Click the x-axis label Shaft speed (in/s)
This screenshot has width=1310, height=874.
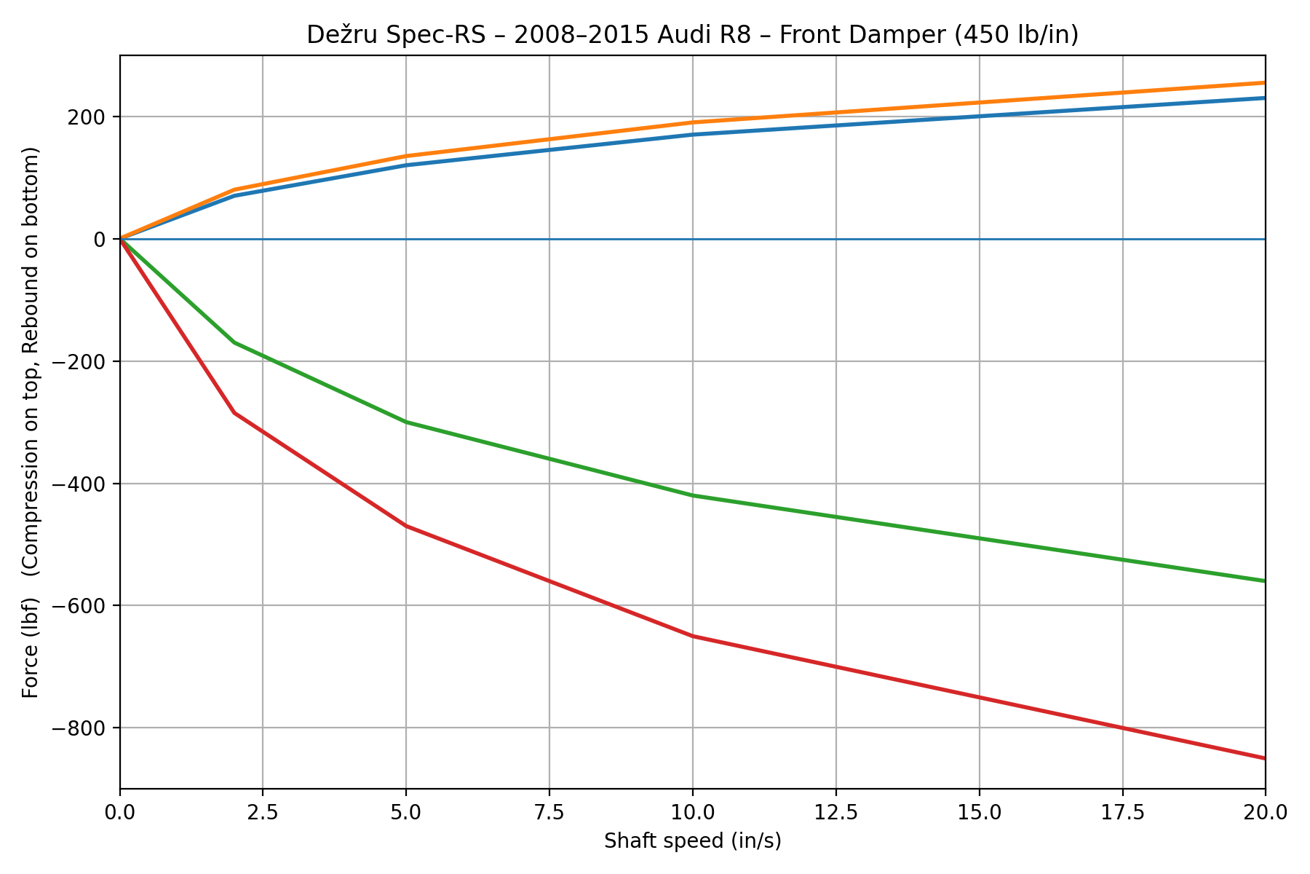coord(692,841)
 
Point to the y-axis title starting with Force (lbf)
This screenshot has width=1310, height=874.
coord(31,422)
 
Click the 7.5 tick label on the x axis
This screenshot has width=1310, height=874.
coord(549,811)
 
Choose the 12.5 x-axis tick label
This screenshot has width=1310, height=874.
coord(835,811)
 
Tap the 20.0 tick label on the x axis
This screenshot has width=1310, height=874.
coord(1265,811)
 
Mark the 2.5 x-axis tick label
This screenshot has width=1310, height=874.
coord(263,811)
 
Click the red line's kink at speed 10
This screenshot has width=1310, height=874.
coord(692,636)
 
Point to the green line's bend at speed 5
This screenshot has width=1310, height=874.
coord(406,422)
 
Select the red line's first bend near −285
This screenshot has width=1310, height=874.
coord(234,413)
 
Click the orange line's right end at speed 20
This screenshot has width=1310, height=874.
coord(1264,83)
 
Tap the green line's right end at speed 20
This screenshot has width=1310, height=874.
coord(1264,580)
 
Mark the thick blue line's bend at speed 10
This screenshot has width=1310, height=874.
coord(692,135)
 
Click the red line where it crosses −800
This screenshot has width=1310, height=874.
coord(1122,728)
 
